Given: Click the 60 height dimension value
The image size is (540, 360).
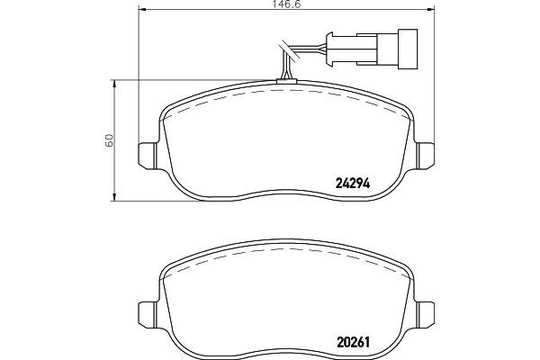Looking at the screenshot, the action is (x=109, y=139).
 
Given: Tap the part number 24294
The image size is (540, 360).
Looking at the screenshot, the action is (x=352, y=184).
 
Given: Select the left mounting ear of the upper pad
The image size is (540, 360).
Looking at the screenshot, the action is (x=148, y=155).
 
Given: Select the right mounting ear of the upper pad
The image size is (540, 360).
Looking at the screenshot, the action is (x=424, y=155).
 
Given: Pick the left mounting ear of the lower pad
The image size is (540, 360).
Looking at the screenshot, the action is (x=148, y=313).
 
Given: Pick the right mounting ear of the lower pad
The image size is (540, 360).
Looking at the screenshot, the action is (x=424, y=313).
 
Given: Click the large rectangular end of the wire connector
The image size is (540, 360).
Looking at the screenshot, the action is (x=408, y=49).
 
